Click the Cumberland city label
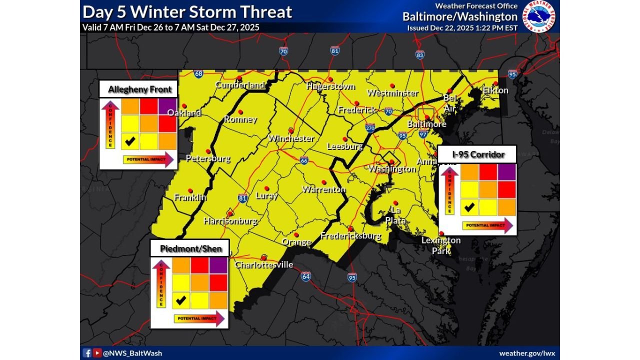coord(239,85)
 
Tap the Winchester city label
coord(291,138)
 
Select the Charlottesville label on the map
coord(264,264)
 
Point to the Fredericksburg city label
coord(350,236)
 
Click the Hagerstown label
coord(330,86)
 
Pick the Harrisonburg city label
coord(230,220)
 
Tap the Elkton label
coord(495,90)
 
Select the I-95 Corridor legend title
coord(478,154)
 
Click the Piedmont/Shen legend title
coord(190,248)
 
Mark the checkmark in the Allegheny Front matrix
coord(130,141)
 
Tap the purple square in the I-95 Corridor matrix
coord(506,172)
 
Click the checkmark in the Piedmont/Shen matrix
coord(181,300)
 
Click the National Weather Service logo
coord(539,15)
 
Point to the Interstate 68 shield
coord(198,74)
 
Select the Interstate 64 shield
coord(306,276)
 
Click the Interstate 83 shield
coord(420,54)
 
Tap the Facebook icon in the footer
coord(87,353)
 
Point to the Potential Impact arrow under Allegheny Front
coord(148,159)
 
